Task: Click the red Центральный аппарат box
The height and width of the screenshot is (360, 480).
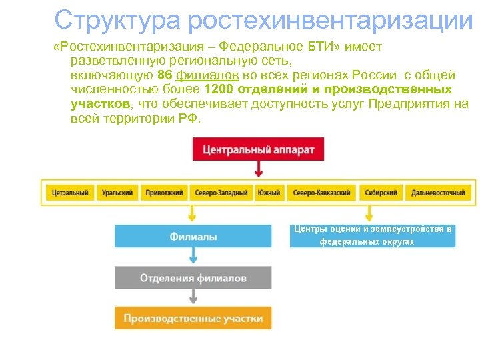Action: pos(259,149)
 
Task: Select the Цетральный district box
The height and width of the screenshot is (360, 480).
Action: pos(70,193)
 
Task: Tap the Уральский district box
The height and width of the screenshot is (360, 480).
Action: pos(118,193)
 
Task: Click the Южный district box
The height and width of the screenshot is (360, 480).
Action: pos(269,193)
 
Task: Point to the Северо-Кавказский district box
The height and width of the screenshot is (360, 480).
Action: pos(322,193)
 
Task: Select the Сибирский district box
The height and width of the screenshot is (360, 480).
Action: pos(381,193)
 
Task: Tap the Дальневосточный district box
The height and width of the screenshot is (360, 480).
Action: pos(438,193)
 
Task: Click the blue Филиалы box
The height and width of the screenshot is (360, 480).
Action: pos(193,236)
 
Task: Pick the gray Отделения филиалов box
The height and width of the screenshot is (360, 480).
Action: pos(193,278)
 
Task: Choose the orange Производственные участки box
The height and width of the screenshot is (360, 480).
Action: pos(193,318)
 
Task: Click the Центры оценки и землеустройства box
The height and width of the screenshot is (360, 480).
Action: pos(373,235)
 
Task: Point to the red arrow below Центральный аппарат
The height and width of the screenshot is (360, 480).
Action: pos(259,169)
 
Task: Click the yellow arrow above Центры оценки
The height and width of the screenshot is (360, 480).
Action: pos(368,213)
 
